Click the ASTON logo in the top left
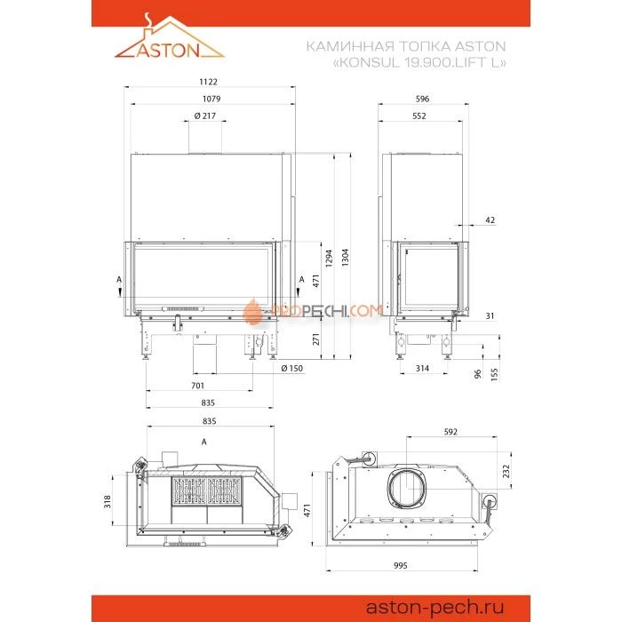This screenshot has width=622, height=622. tap(169, 42)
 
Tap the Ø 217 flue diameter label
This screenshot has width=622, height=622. tap(205, 116)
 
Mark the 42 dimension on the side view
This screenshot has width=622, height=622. tap(490, 219)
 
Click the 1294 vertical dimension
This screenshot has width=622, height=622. tap(330, 257)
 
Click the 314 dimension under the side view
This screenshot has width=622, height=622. tap(424, 368)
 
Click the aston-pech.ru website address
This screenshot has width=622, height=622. tap(434, 606)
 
